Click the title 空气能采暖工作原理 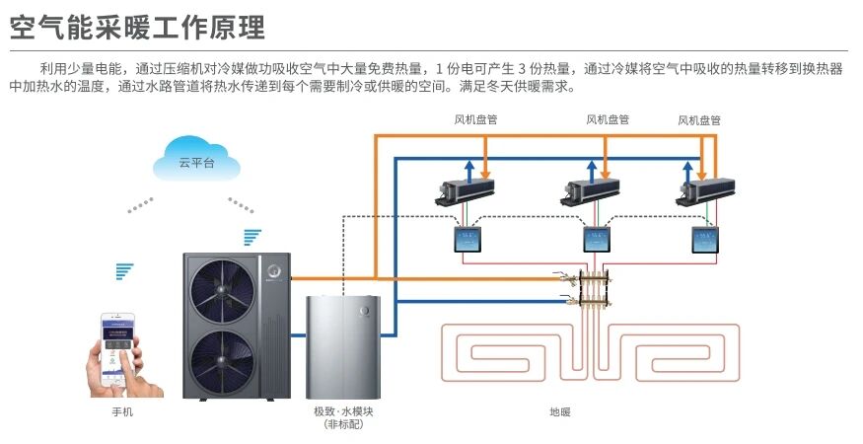137,26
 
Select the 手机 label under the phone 122,411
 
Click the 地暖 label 560,411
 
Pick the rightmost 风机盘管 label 699,119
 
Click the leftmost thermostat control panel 466,240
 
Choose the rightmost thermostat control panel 705,240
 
